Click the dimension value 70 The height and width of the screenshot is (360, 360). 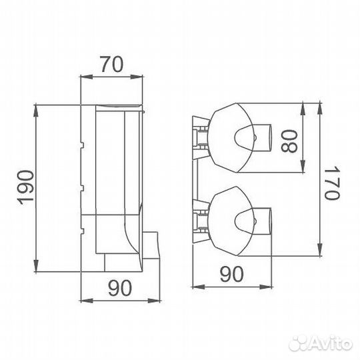coord(112,64)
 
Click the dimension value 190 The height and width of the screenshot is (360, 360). coord(26,187)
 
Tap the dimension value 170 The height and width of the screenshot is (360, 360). coord(332,182)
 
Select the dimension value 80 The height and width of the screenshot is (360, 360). coord(289,141)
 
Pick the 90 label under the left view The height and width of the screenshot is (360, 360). coord(120,288)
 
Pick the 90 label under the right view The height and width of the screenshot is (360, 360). coord(231,274)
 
